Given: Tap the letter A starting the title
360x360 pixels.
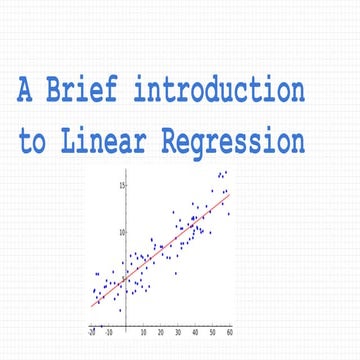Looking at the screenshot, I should pos(25,91).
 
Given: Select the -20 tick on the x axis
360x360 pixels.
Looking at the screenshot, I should pos(92,331).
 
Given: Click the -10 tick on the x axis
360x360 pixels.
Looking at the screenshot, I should pos(109,331).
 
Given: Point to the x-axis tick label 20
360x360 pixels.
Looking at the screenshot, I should pos(161,331).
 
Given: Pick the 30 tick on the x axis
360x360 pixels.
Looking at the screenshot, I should pos(178,331).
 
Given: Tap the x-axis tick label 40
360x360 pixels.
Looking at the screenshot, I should pos(195,331).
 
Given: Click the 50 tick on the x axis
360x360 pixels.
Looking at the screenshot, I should pos(212,331).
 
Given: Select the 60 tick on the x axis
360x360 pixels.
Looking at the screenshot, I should pos(229,331).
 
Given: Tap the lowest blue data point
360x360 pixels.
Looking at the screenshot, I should pos(120,310).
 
